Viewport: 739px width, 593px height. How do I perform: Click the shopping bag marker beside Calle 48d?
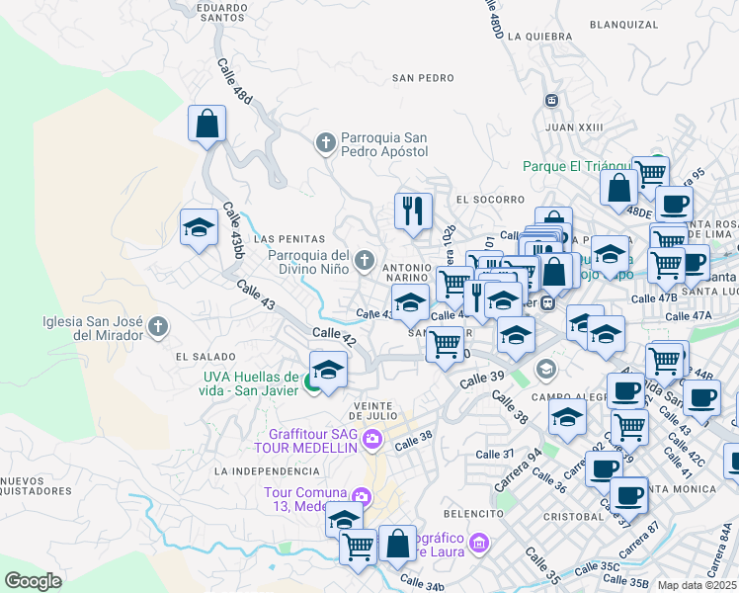(207, 125)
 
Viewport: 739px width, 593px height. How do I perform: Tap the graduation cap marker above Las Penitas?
(199, 227)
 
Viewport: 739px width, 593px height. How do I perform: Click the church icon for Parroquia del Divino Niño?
(365, 261)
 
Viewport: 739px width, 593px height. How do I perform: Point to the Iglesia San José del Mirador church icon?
(156, 327)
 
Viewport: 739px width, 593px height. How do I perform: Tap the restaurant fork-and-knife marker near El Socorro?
(413, 210)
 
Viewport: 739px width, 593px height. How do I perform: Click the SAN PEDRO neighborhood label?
(423, 77)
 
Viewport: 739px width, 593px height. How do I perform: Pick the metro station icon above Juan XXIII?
(551, 101)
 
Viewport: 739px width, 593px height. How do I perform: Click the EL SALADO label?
(205, 356)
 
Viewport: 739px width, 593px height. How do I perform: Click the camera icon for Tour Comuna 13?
(363, 496)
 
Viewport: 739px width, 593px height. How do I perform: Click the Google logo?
(34, 580)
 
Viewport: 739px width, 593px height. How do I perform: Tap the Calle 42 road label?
(334, 338)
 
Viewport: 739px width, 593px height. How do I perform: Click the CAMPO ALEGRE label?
(567, 396)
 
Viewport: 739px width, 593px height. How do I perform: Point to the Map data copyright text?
(698, 585)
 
